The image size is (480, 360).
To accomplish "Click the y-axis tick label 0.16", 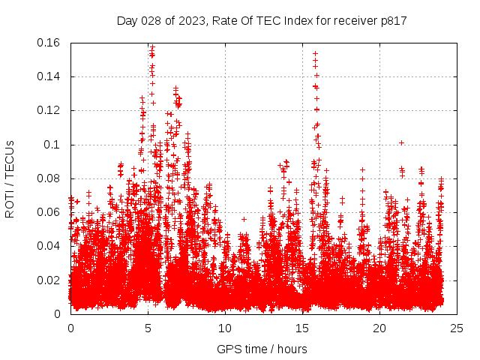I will click(49, 43).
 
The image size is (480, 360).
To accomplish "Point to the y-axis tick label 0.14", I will click(49, 76).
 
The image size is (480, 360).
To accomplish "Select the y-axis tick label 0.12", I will click(49, 110).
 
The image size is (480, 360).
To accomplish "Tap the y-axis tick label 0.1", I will click(53, 145).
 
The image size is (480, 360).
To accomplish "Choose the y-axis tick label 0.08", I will click(49, 178).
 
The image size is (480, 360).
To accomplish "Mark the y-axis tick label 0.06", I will click(49, 212).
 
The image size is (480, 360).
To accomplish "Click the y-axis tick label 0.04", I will click(49, 246).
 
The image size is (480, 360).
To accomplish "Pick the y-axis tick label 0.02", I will click(49, 280).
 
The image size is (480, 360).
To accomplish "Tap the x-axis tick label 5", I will click(148, 328).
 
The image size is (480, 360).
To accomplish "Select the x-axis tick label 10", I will click(225, 328).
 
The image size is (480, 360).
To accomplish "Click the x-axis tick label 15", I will click(302, 328).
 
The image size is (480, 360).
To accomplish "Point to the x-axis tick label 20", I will click(379, 328).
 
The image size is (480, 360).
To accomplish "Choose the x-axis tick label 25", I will click(457, 328).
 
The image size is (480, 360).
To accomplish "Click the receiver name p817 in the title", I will click(393, 21).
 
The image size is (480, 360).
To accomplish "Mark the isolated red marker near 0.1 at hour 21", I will click(401, 142).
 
